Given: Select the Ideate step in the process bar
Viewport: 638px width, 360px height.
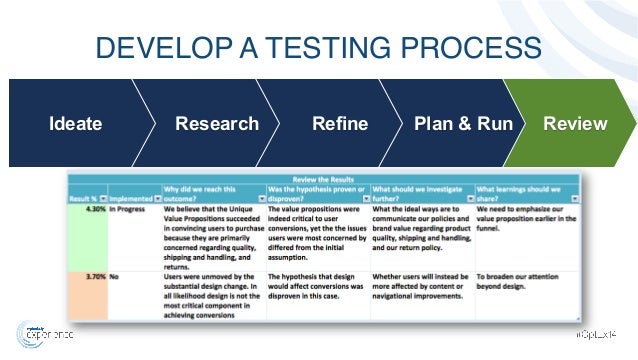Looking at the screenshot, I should click(76, 124).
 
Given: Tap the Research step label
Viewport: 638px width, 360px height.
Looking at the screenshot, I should click(217, 124).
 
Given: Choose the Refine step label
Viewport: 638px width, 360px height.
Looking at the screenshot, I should click(340, 124).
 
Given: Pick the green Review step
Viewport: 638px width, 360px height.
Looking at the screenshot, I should click(574, 124).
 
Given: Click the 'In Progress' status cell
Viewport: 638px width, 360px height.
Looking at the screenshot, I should click(130, 210).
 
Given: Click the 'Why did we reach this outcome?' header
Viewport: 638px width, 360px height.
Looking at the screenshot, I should click(210, 192).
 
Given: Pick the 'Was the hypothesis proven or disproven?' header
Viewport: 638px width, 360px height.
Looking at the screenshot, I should click(316, 192).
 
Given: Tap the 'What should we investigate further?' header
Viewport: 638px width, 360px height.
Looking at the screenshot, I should click(420, 192).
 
